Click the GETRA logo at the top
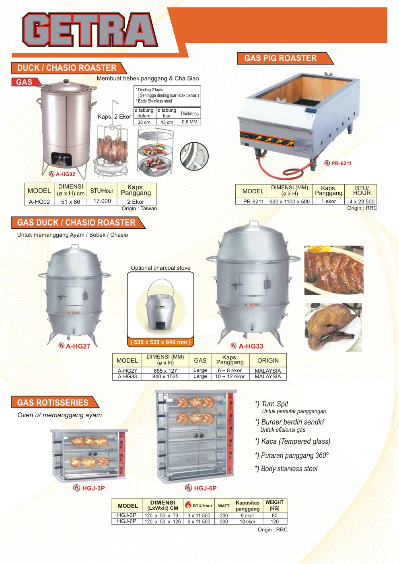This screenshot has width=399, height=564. pyautogui.click(x=89, y=30)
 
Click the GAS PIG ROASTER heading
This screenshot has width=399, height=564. pyautogui.click(x=280, y=58)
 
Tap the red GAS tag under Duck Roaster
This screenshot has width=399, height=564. pyautogui.click(x=25, y=82)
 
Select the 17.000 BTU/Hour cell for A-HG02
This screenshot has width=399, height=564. pyautogui.click(x=102, y=201)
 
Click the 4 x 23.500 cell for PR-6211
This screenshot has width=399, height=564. pyautogui.click(x=361, y=201)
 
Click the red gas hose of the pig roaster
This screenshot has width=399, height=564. pyautogui.click(x=282, y=171)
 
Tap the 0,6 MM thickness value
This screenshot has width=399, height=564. pyautogui.click(x=189, y=122)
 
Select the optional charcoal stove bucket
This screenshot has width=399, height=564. pyautogui.click(x=160, y=306)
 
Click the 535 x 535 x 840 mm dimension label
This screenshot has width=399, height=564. pyautogui.click(x=160, y=342)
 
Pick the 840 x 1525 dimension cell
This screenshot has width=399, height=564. pyautogui.click(x=165, y=377)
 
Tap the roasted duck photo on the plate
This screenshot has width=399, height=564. pyautogui.click(x=333, y=327)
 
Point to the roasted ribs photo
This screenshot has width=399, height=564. pyautogui.click(x=333, y=270)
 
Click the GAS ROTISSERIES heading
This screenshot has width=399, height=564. pyautogui.click(x=53, y=402)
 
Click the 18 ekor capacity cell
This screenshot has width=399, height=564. pyautogui.click(x=247, y=521)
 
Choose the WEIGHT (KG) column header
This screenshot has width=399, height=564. pyautogui.click(x=274, y=505)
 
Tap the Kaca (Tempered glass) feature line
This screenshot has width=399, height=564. pyautogui.click(x=292, y=441)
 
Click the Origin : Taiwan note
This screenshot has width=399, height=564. pyautogui.click(x=139, y=209)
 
